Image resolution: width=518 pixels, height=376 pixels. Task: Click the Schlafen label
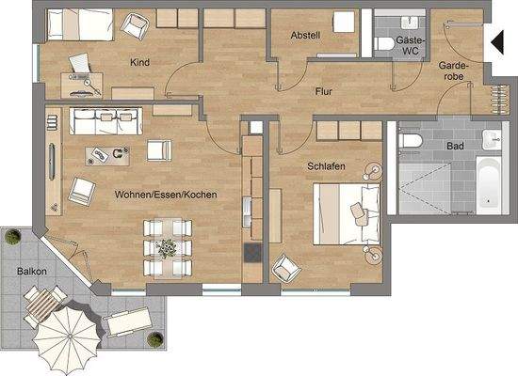pos(325,166)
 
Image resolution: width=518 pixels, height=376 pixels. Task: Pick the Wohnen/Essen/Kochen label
pos(167,195)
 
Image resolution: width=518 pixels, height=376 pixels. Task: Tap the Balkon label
pos(31,272)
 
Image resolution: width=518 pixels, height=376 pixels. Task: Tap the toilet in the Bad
pos(409,142)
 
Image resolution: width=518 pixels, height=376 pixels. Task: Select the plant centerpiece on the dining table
pos(168,248)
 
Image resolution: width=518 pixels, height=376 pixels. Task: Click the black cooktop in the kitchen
pos(252,253)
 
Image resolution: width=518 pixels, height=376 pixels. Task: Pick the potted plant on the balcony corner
pos(11,237)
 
